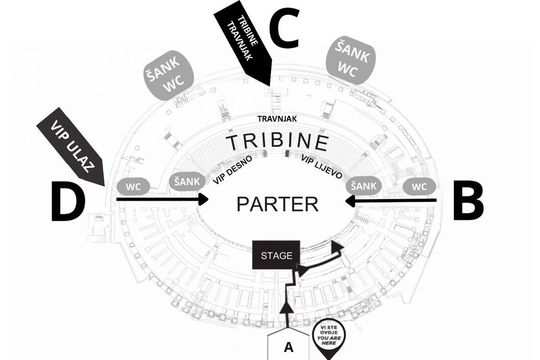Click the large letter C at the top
[x=284, y=28]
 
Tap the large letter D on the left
[x=68, y=201]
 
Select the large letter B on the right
[x=468, y=200]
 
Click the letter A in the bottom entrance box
[x=288, y=347]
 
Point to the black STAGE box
[x=276, y=255]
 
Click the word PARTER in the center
[x=277, y=204]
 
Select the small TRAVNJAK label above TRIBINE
[x=277, y=119]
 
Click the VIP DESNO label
[x=233, y=170]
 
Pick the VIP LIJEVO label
[x=322, y=167]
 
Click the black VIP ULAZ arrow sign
[x=70, y=147]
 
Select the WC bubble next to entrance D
[x=133, y=187]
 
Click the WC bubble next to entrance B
[x=419, y=187]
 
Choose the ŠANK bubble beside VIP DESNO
[x=187, y=181]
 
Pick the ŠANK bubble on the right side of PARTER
[x=364, y=186]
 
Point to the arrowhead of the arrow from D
[x=204, y=199]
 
